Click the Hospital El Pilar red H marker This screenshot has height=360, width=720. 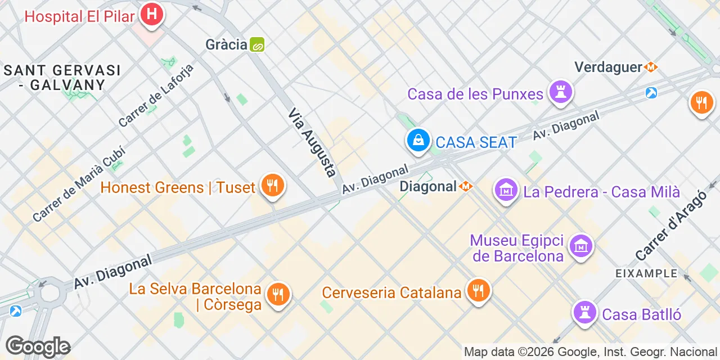(x=151, y=15)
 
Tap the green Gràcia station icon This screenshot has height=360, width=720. (x=257, y=44)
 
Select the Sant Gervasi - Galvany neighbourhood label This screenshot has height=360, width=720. (x=62, y=78)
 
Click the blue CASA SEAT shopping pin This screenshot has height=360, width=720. (x=418, y=141)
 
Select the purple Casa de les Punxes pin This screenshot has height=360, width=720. (x=560, y=92)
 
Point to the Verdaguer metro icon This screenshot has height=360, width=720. (x=651, y=67)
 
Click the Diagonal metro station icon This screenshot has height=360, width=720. (x=466, y=186)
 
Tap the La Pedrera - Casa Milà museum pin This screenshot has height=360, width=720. (x=506, y=191)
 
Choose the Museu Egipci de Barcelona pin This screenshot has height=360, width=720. (x=581, y=246)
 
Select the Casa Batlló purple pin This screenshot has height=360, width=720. (x=584, y=313)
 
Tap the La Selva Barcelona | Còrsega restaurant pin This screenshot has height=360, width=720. (x=277, y=294)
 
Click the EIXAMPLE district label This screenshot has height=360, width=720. (x=646, y=273)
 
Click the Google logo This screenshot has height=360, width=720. (x=38, y=346)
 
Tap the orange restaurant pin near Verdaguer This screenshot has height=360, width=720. (x=701, y=103)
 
